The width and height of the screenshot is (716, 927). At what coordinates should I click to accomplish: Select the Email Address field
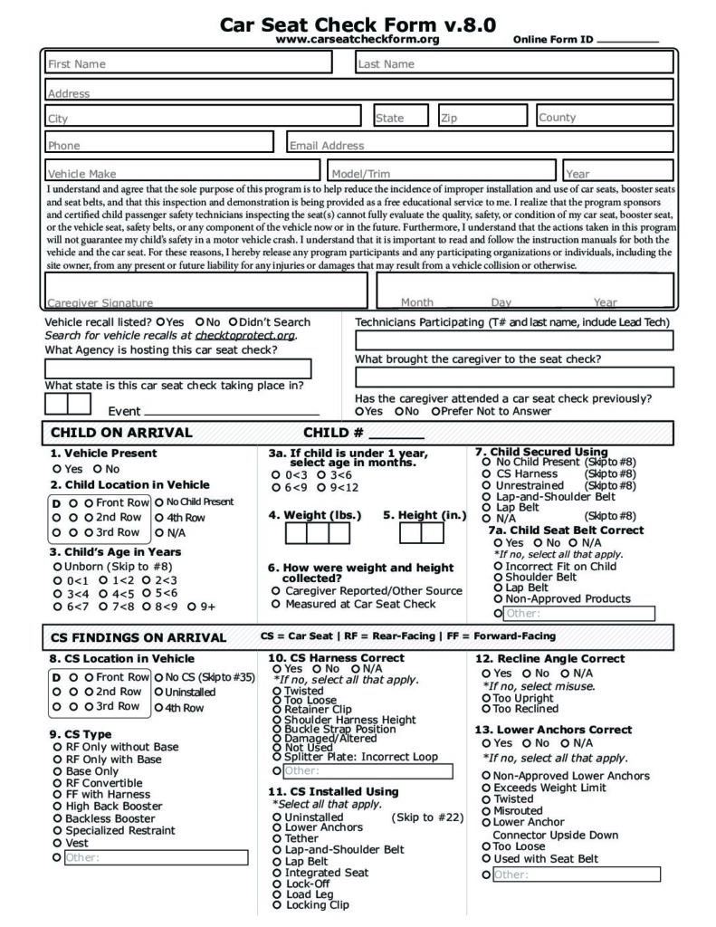480,144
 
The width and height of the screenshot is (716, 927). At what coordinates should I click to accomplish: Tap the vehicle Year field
617,172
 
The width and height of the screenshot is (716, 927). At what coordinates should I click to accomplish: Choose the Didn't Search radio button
234,322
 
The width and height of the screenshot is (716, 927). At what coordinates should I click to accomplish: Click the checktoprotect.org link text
245,335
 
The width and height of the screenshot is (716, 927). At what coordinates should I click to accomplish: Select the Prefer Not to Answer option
436,411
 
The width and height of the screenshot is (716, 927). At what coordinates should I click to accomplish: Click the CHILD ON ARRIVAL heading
121,433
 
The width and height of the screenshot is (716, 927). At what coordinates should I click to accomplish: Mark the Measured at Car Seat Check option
276,604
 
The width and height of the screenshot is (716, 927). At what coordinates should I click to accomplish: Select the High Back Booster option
58,807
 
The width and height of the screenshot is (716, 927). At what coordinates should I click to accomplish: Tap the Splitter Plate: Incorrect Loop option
276,757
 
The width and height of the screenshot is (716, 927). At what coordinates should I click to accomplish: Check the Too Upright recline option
486,698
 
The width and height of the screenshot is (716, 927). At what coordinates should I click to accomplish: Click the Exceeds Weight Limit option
487,788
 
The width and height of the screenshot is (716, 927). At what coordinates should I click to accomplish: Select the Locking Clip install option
276,905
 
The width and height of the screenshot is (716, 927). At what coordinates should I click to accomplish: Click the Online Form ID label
552,40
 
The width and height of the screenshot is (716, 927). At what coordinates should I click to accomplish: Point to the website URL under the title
358,39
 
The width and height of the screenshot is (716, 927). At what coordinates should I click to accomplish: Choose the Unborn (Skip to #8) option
57,567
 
